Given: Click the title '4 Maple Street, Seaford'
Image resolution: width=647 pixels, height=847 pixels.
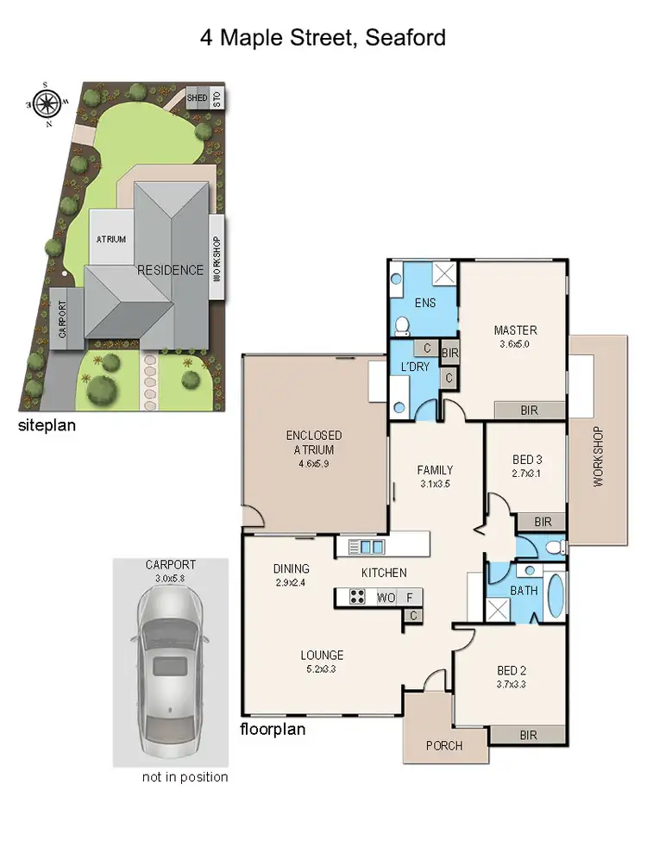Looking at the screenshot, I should point(323,37).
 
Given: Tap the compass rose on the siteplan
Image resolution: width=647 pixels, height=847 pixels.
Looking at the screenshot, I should point(48,104).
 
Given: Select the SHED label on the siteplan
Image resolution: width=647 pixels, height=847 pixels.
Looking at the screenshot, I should point(198,98).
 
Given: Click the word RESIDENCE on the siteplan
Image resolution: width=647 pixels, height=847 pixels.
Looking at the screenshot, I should point(170,270).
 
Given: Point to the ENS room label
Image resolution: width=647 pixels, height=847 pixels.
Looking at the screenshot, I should point(424,303).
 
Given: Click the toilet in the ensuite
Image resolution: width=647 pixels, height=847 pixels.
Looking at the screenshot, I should point(403,325).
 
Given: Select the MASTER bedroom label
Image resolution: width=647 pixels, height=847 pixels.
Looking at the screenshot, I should point(515,330).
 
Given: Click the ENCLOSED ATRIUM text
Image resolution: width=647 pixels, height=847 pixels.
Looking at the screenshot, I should point(314,442).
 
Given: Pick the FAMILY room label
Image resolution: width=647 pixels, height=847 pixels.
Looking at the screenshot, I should point(435,470).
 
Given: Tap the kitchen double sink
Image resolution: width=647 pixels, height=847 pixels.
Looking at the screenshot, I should point(366,547).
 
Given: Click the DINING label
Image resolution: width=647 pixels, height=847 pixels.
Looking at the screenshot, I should point(291,568).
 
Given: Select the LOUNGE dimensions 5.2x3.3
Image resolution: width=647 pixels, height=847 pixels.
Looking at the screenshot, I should point(322,668).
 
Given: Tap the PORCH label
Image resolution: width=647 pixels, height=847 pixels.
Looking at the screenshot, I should point(445,745).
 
